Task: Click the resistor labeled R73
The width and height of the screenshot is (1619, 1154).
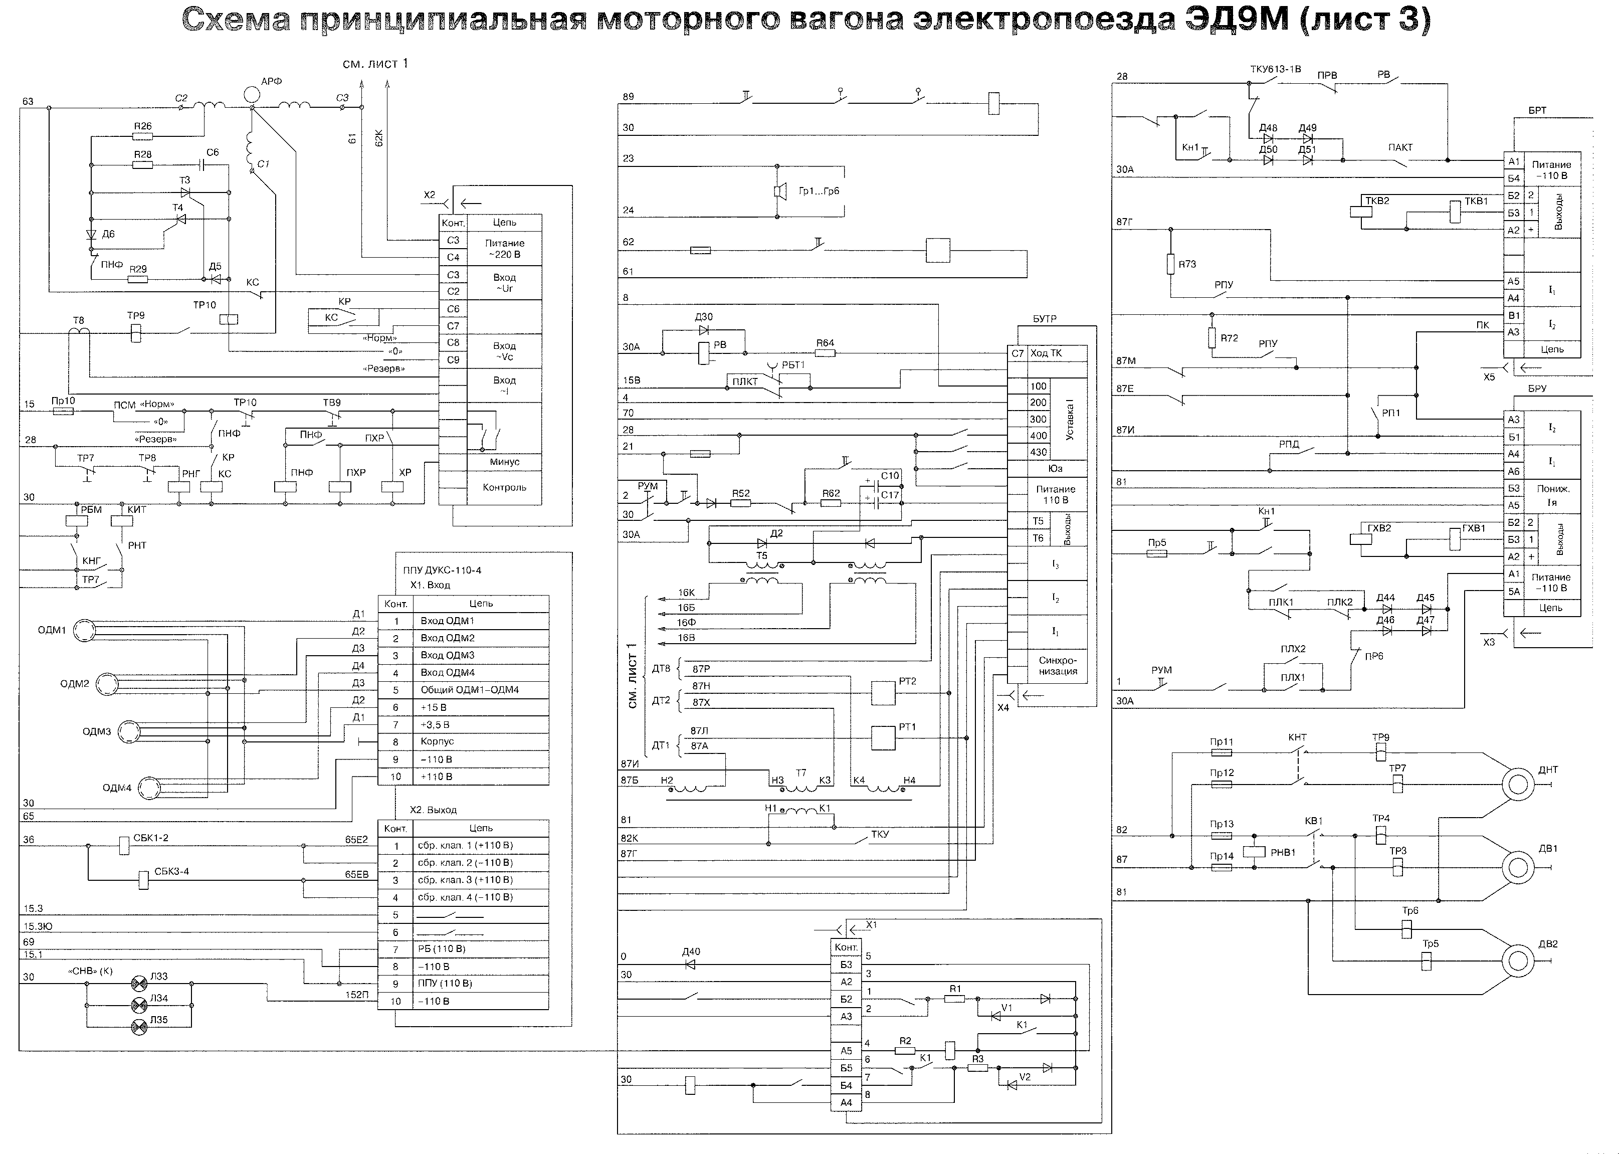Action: pyautogui.click(x=1171, y=264)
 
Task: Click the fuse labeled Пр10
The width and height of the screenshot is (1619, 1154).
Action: pyautogui.click(x=63, y=411)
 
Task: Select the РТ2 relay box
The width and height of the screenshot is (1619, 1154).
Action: pyautogui.click(x=883, y=692)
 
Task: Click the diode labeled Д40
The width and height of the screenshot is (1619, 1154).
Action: pyautogui.click(x=690, y=965)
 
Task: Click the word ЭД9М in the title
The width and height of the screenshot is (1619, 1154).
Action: pyautogui.click(x=1227, y=20)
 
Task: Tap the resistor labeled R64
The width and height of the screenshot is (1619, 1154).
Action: pyautogui.click(x=824, y=353)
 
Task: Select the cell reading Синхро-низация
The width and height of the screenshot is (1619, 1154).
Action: pyautogui.click(x=1057, y=666)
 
